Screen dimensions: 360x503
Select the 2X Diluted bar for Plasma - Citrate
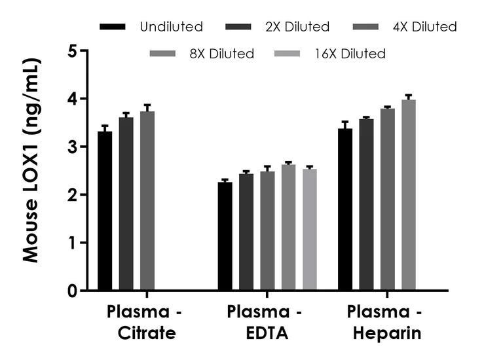coord(126,204)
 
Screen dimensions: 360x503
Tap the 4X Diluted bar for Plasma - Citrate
coord(147,200)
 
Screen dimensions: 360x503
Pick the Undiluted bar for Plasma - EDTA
coord(225,236)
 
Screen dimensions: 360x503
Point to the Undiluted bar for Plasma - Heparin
coord(345,209)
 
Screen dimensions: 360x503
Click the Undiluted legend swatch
coord(113,27)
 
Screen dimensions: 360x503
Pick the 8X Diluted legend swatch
coord(163,54)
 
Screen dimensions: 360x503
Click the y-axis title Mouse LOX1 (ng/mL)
coord(31,160)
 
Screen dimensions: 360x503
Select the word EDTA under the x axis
coord(264,334)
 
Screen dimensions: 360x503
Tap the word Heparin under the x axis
coord(387,334)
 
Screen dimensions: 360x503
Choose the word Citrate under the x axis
coord(147,334)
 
